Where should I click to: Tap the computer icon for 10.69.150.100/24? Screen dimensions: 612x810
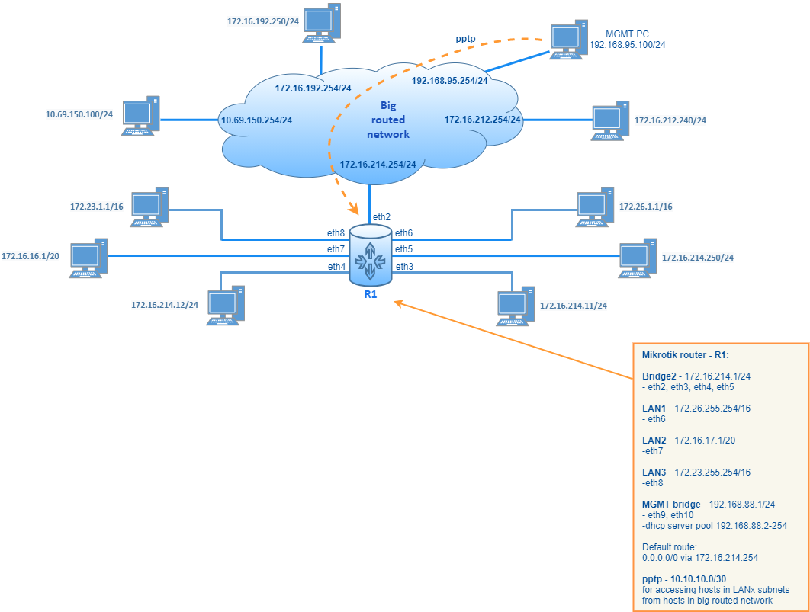141,116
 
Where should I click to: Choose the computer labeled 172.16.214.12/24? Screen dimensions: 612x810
226,305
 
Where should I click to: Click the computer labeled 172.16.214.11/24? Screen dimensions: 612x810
516,306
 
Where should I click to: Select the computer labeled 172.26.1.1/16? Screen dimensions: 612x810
596,207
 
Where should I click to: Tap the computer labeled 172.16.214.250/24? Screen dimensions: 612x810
638,258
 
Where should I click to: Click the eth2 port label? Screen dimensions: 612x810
382,217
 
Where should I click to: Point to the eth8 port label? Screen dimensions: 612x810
336,232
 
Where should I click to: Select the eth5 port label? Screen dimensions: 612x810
403,249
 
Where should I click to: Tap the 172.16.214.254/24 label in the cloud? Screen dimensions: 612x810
378,164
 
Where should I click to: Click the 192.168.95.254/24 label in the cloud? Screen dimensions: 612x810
449,80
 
